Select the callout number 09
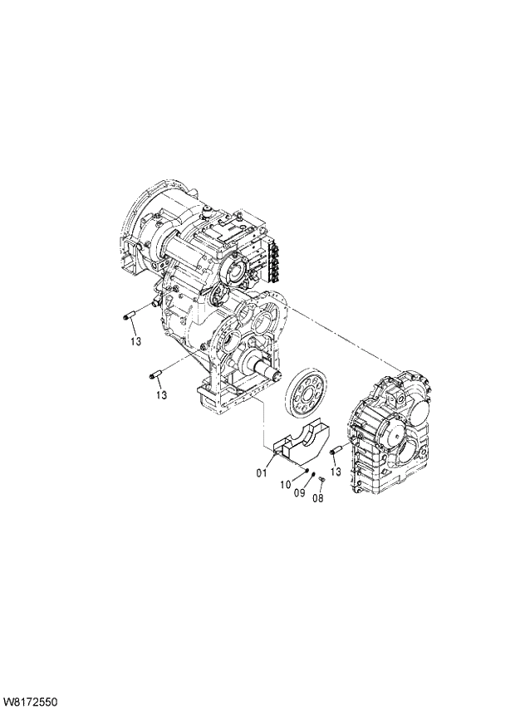pyautogui.click(x=300, y=492)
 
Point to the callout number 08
pyautogui.click(x=316, y=498)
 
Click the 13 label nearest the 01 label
pyautogui.click(x=336, y=472)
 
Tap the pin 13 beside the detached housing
pyautogui.click(x=337, y=451)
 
